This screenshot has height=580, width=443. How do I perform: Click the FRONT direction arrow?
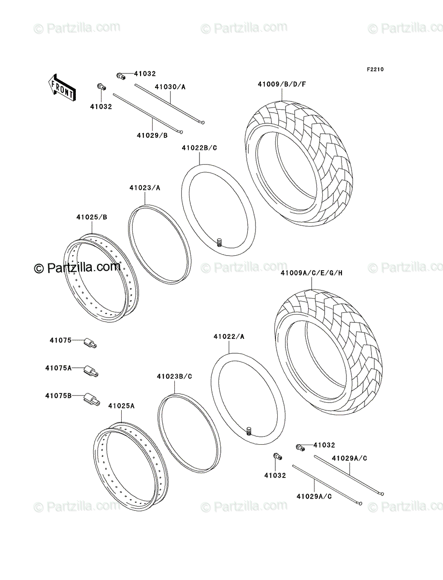click(62, 87)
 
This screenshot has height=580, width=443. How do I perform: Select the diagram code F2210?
click(375, 70)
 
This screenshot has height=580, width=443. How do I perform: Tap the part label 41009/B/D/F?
click(282, 84)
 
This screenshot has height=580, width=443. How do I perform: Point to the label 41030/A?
click(170, 87)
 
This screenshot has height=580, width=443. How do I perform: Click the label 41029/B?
click(152, 135)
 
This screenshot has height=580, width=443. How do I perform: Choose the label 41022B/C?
click(200, 148)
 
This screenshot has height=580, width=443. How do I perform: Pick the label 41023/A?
click(144, 188)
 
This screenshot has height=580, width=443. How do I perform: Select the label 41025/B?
click(92, 217)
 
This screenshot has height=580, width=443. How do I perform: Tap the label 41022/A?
click(229, 336)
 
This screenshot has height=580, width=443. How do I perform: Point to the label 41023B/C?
click(174, 376)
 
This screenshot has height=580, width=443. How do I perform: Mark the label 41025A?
click(121, 406)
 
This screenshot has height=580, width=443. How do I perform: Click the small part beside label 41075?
click(90, 343)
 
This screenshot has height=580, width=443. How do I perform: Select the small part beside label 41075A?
click(91, 371)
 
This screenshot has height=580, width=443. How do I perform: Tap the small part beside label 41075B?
click(92, 400)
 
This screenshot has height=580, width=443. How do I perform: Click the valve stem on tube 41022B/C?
click(219, 242)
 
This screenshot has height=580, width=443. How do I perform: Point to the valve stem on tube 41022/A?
click(249, 431)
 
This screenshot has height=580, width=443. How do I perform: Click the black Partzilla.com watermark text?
click(77, 268)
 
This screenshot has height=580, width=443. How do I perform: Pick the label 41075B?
click(58, 396)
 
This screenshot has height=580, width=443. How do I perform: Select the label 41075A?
click(58, 368)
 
